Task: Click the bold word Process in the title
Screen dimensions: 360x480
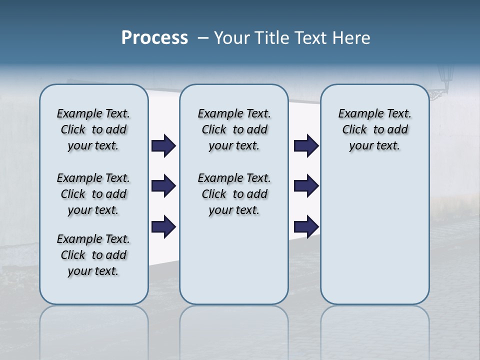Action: point(154,38)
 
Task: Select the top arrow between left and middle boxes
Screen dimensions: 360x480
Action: point(163,146)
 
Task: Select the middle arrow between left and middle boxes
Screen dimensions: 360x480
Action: point(163,186)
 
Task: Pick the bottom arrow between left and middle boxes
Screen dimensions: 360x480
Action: point(163,226)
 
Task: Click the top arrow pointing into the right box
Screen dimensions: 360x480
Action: point(306,146)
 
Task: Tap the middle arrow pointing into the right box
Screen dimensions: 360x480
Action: point(306,186)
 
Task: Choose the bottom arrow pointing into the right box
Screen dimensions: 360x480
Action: point(306,226)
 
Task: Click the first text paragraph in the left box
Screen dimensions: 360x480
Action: point(93,129)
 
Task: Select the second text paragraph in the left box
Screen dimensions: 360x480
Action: point(93,194)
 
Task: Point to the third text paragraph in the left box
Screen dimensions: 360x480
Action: point(93,255)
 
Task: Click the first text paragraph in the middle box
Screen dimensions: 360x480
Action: point(234,129)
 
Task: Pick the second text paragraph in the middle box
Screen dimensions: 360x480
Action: point(234,194)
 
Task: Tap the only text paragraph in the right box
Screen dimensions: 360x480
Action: point(374,129)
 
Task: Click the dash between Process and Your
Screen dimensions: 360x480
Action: point(203,38)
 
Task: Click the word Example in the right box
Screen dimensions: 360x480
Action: point(356,114)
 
